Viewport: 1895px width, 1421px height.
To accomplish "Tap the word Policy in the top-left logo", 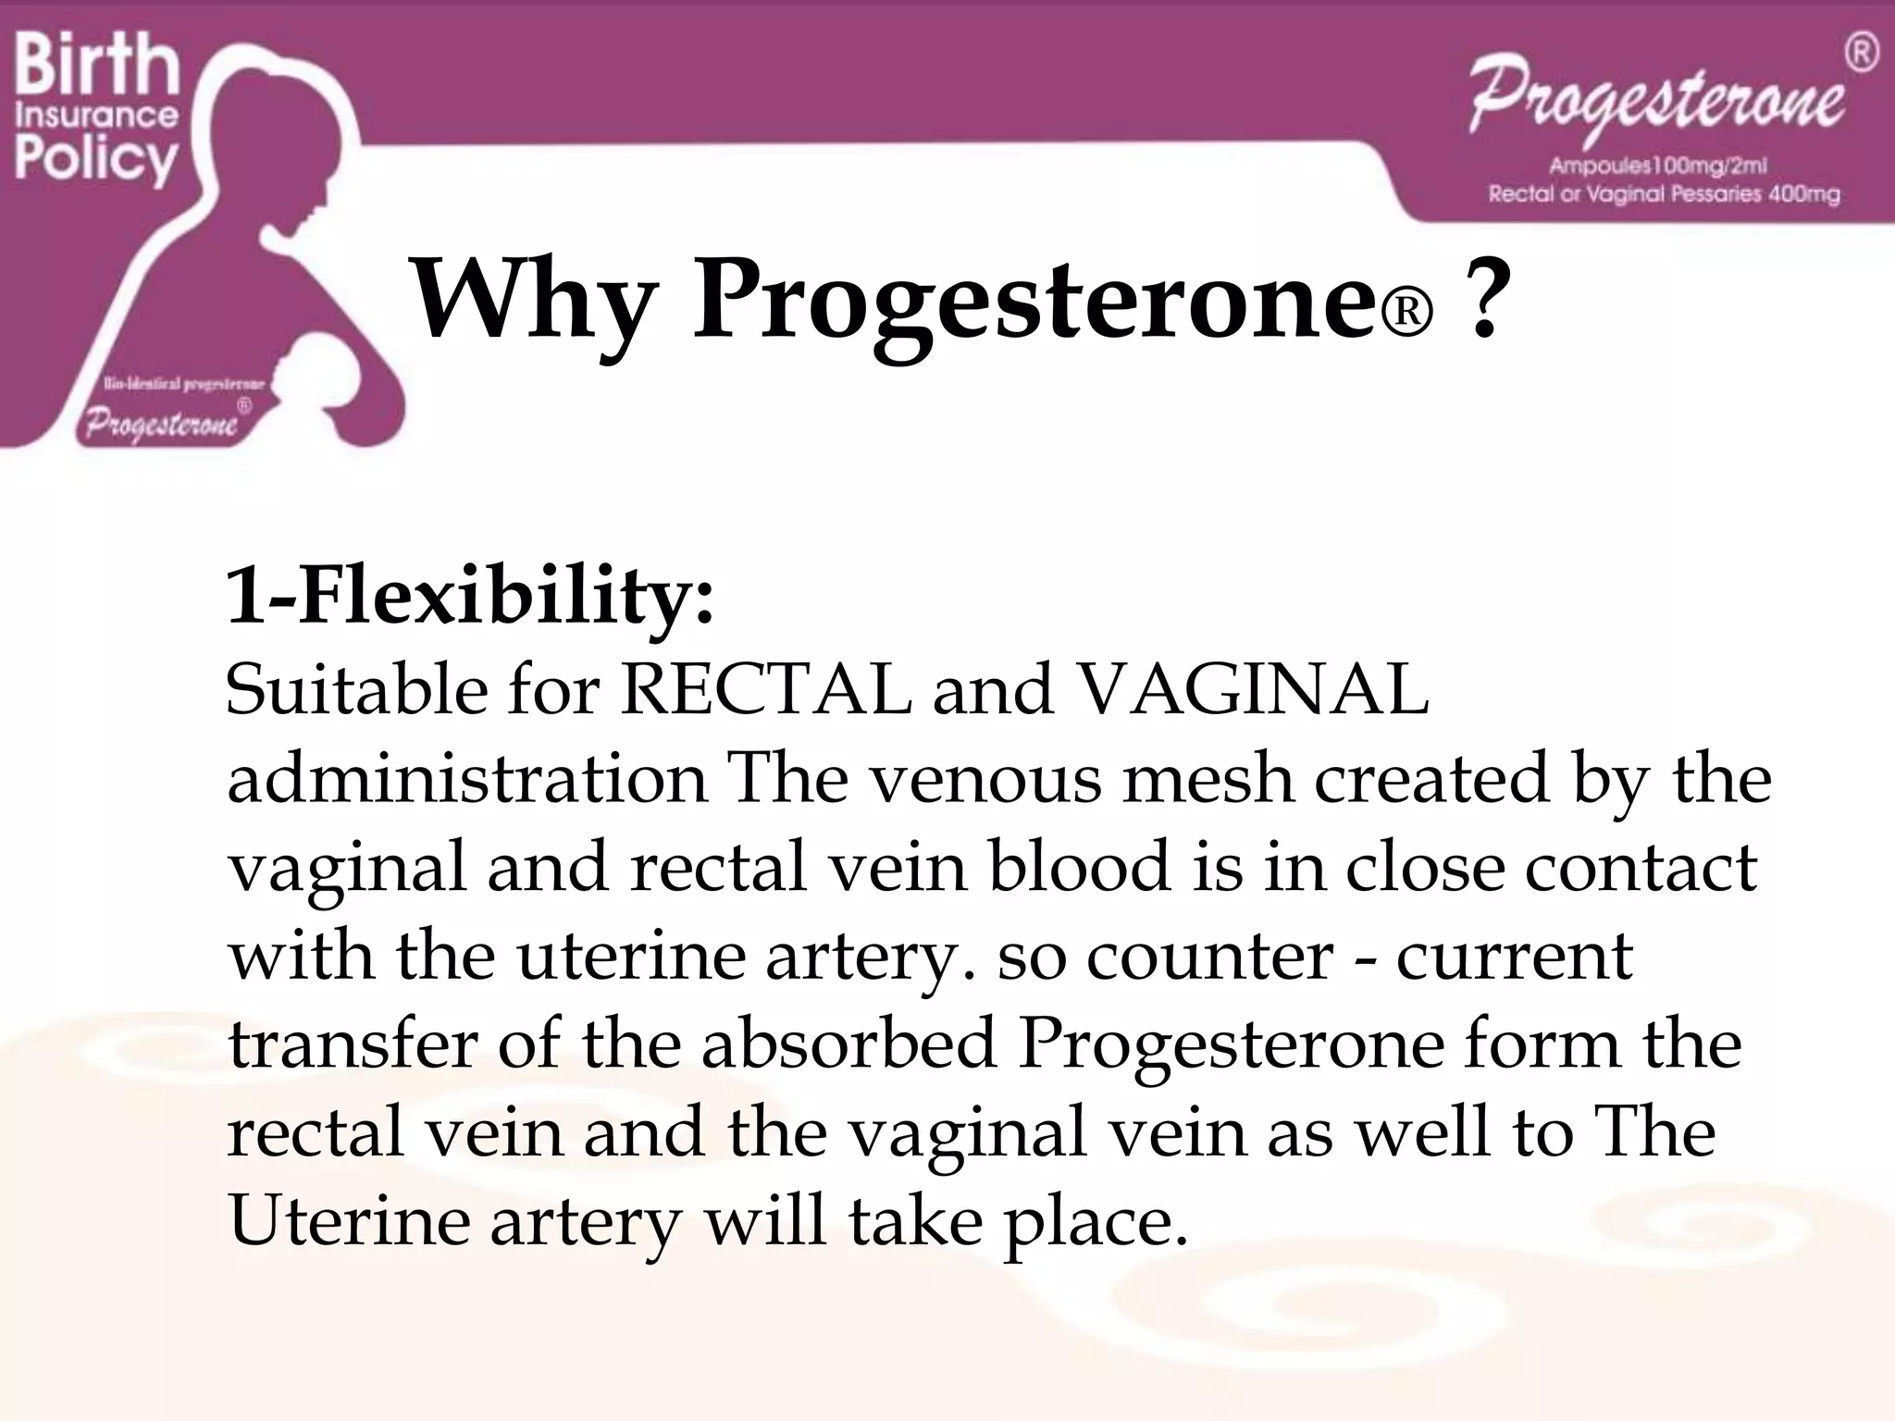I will tap(95, 159).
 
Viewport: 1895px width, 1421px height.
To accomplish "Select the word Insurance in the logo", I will tap(96, 116).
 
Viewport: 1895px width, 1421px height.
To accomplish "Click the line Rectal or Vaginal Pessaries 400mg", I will tap(1664, 194).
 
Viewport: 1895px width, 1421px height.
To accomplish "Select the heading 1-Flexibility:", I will tap(470, 597).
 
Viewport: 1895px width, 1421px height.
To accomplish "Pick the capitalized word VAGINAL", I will tap(1253, 689).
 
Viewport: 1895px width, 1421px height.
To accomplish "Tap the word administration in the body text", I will tap(467, 778).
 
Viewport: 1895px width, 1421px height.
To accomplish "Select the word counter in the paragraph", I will tap(1208, 956).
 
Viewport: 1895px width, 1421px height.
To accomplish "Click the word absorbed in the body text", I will tap(848, 1044).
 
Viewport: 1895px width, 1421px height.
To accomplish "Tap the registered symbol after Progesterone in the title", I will tap(1406, 315).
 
